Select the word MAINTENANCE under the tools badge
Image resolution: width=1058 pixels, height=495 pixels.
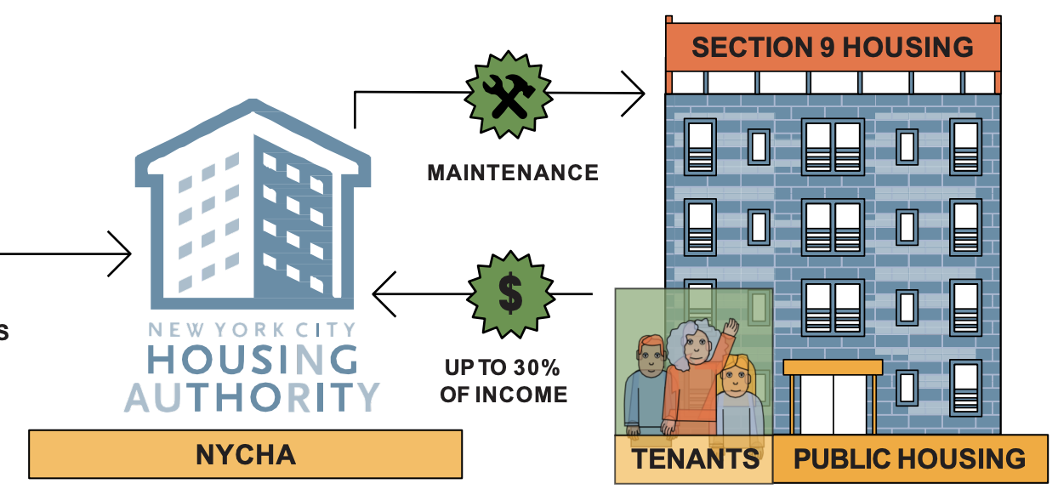click(513, 174)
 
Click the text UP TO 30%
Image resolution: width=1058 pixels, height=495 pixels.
click(503, 369)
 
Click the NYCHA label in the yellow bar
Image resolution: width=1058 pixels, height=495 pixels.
click(246, 454)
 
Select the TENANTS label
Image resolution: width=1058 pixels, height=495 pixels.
click(695, 459)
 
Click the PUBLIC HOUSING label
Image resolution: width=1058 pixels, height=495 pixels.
click(909, 459)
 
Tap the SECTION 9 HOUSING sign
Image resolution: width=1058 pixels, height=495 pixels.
click(833, 47)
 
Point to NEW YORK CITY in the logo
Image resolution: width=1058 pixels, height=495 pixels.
click(253, 330)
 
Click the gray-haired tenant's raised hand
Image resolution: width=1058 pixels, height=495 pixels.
click(731, 327)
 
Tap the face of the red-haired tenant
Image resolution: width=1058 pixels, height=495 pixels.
click(648, 361)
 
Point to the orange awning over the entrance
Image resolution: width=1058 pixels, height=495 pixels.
click(833, 367)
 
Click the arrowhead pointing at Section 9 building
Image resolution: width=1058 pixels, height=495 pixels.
click(634, 92)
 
